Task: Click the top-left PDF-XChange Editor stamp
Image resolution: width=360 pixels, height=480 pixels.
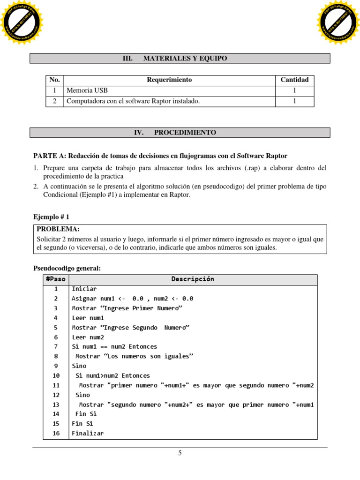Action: click(x=22, y=22)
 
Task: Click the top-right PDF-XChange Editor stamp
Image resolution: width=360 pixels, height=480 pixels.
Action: click(x=338, y=22)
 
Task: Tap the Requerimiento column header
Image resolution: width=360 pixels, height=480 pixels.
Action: click(x=169, y=80)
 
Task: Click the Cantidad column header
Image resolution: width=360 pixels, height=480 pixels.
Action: click(x=294, y=80)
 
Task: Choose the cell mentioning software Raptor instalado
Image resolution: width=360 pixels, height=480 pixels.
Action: click(x=133, y=101)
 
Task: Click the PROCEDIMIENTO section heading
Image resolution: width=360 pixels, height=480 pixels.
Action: click(x=180, y=133)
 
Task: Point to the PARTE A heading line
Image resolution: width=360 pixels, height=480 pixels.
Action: click(x=160, y=156)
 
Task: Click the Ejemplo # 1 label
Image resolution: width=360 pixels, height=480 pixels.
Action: click(x=51, y=217)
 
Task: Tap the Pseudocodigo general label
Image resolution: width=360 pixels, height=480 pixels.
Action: click(x=67, y=268)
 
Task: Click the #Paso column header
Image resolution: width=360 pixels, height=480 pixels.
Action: click(x=56, y=279)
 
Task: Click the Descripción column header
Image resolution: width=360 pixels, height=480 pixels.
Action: click(x=193, y=279)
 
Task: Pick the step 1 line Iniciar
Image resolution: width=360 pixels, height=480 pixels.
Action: click(x=84, y=289)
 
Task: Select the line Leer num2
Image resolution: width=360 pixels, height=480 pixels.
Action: click(x=88, y=337)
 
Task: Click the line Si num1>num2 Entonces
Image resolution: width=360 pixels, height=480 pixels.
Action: click(x=112, y=375)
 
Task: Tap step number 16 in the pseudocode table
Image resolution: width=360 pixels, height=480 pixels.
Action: click(x=56, y=433)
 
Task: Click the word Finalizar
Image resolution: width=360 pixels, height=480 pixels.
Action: click(x=88, y=433)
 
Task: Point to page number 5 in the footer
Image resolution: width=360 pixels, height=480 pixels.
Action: click(x=180, y=453)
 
